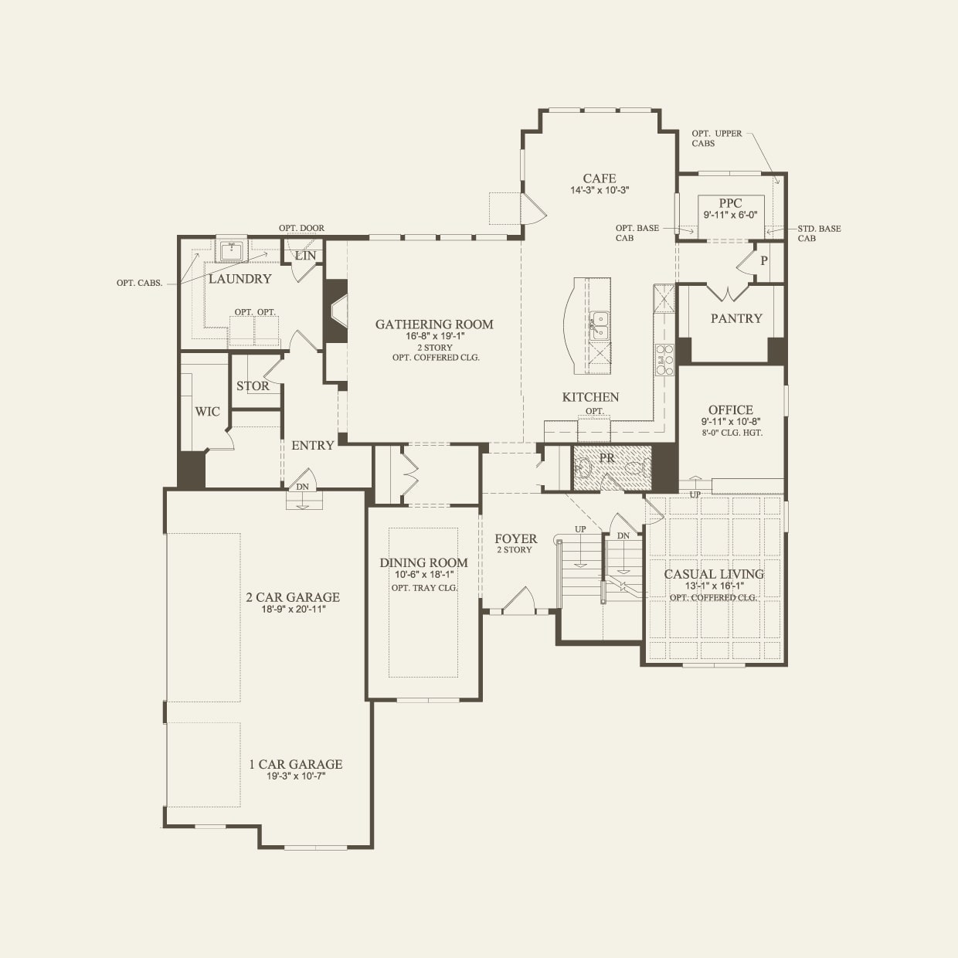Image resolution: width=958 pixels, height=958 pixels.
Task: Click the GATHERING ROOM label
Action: click(434, 324)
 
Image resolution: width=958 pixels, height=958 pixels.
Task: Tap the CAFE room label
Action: click(600, 178)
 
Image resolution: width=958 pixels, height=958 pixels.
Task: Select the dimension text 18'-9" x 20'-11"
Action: click(293, 609)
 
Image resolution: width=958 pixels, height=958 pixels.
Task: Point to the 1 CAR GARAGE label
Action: click(296, 764)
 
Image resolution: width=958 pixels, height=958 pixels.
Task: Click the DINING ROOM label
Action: click(423, 562)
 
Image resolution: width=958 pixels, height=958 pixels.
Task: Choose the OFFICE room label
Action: click(731, 410)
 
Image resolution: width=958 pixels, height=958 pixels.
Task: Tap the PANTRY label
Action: click(736, 318)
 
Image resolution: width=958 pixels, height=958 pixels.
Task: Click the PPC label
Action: click(730, 204)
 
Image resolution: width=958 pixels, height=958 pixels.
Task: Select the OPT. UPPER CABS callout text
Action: click(716, 138)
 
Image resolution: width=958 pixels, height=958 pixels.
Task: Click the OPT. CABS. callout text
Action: click(140, 283)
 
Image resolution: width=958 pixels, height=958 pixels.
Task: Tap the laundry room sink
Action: click(231, 250)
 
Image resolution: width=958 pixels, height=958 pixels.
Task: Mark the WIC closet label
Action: click(207, 412)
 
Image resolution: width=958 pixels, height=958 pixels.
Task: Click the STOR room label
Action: click(253, 386)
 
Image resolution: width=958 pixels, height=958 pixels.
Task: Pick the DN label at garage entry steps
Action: click(302, 487)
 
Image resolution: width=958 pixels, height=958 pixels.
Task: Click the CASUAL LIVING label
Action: click(714, 574)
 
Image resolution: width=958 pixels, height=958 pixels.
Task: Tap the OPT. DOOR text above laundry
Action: click(301, 228)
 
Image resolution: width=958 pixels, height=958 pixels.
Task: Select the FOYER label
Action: click(515, 538)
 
